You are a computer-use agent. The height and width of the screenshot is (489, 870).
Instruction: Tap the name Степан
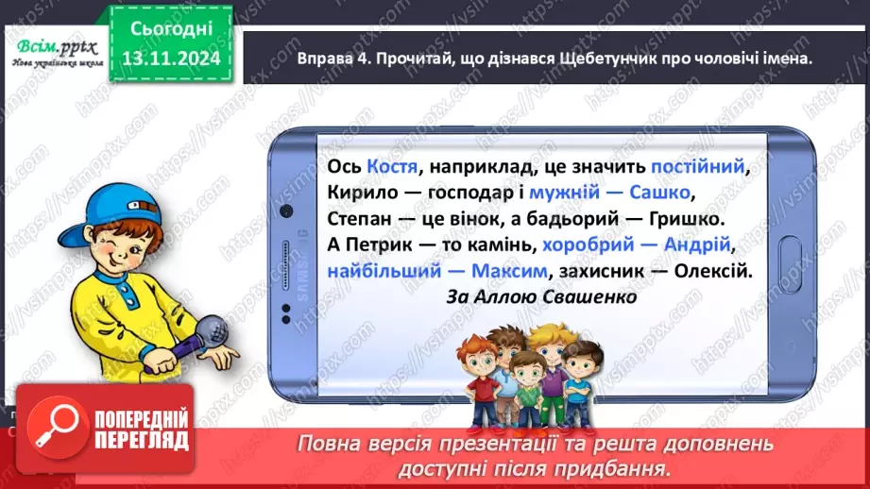(359, 219)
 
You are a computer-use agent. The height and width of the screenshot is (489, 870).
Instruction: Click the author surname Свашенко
(589, 296)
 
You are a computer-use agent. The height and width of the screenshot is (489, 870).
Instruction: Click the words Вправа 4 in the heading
(320, 59)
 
